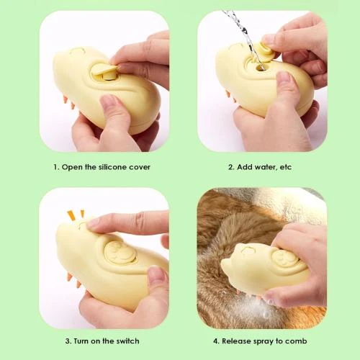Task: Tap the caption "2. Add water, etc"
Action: point(259,166)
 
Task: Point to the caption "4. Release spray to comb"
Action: point(261,341)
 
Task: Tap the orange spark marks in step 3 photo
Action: point(74,214)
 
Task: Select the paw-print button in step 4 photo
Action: point(285,258)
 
